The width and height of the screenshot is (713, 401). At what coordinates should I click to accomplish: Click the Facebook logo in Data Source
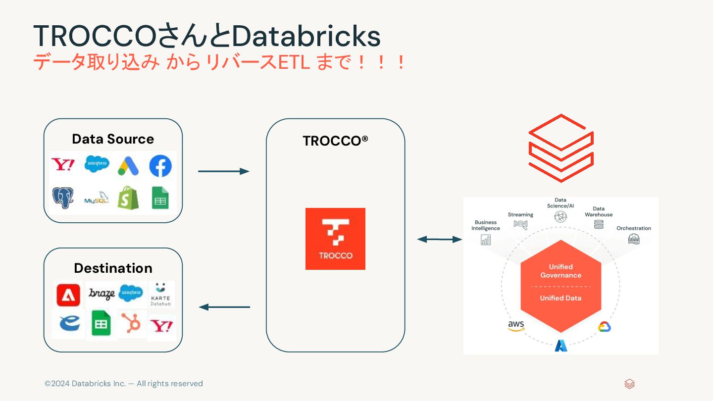pyautogui.click(x=160, y=166)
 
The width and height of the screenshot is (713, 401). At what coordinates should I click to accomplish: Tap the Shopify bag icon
pyautogui.click(x=128, y=198)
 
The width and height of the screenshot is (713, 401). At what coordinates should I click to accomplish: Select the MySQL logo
pyautogui.click(x=97, y=198)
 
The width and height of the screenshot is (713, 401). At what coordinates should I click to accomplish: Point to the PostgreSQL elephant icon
pyautogui.click(x=64, y=198)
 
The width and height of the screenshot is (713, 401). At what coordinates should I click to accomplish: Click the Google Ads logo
pyautogui.click(x=128, y=166)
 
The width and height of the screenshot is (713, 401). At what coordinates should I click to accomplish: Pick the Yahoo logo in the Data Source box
pyautogui.click(x=63, y=165)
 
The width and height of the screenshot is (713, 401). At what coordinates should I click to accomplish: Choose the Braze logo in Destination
pyautogui.click(x=102, y=294)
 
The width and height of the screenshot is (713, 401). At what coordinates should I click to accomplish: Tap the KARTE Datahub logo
pyautogui.click(x=160, y=294)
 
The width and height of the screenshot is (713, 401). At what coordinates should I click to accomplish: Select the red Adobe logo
pyautogui.click(x=68, y=295)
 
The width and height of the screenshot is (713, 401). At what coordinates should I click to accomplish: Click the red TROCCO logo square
pyautogui.click(x=335, y=239)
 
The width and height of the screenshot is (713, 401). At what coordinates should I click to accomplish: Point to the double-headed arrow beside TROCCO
pyautogui.click(x=439, y=240)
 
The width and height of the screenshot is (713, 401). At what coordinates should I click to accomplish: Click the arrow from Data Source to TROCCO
pyautogui.click(x=223, y=171)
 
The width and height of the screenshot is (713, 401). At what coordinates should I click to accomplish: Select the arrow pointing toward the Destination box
pyautogui.click(x=224, y=307)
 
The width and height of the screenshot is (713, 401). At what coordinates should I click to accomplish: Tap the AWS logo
pyautogui.click(x=516, y=326)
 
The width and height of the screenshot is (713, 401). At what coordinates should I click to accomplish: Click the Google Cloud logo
pyautogui.click(x=605, y=327)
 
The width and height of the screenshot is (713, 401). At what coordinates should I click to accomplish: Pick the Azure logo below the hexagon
pyautogui.click(x=560, y=345)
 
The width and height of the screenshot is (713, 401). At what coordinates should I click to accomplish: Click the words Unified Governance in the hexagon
pyautogui.click(x=560, y=271)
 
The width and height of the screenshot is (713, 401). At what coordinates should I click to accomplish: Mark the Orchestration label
pyautogui.click(x=633, y=228)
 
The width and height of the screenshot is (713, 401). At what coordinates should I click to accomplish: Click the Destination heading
pyautogui.click(x=113, y=268)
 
